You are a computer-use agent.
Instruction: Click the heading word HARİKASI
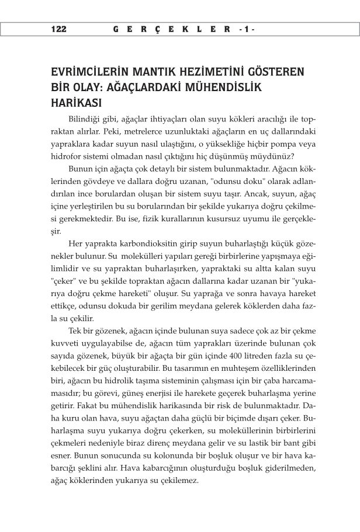(x=77, y=102)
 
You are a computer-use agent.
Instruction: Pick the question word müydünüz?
(x=275, y=157)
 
